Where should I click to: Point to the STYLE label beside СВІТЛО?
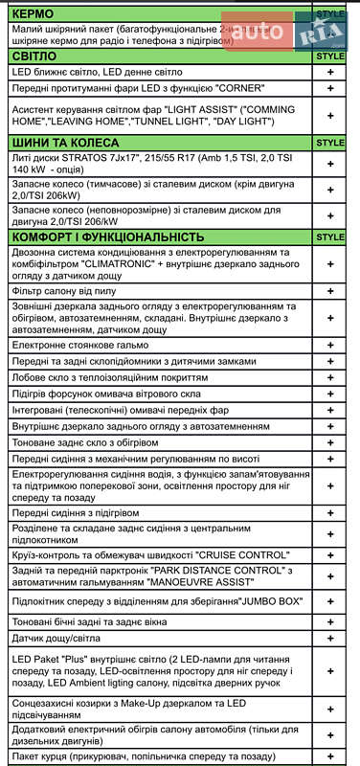[329, 56]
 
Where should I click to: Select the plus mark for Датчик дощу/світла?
[330, 638]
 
